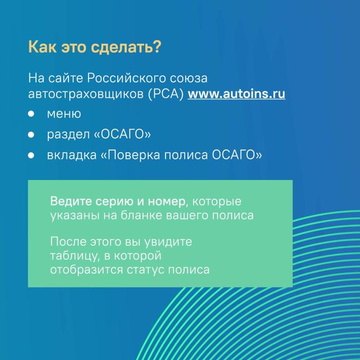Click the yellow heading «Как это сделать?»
click(x=95, y=47)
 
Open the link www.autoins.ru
click(x=236, y=94)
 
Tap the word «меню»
click(x=64, y=114)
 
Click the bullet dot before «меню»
click(x=31, y=113)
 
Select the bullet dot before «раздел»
click(x=31, y=135)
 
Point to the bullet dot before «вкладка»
click(x=31, y=156)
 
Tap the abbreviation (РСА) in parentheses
click(x=166, y=94)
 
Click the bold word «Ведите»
click(x=71, y=201)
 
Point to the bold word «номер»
click(x=167, y=202)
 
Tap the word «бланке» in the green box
click(x=142, y=215)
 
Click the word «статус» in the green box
click(x=146, y=270)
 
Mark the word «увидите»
click(x=168, y=242)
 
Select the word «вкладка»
click(x=72, y=155)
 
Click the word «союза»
click(x=189, y=79)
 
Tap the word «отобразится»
click(x=87, y=270)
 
